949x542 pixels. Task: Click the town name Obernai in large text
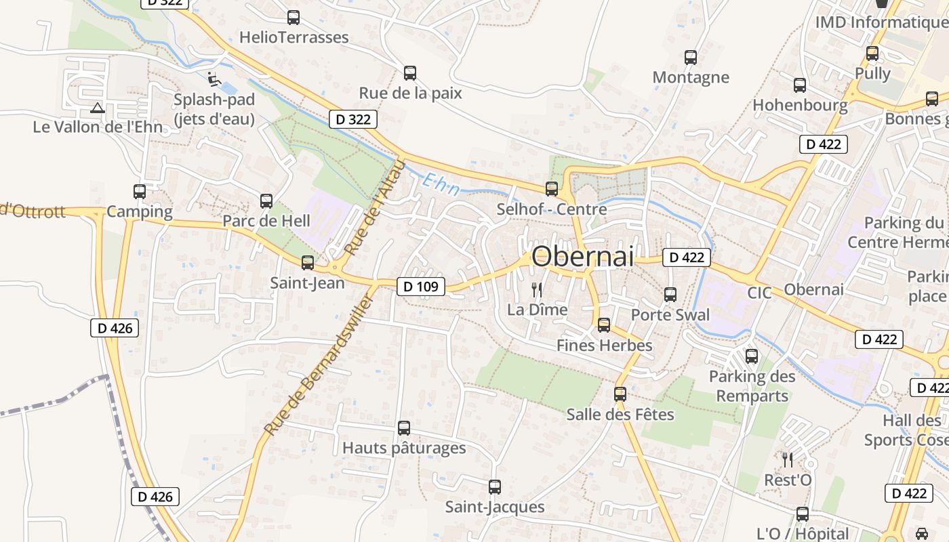coord(583,257)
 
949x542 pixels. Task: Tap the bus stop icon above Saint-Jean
coord(308,263)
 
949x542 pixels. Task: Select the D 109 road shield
coord(420,287)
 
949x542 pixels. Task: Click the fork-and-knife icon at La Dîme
coord(537,290)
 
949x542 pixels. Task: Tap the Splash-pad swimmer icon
coord(214,79)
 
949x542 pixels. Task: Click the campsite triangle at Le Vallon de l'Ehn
coord(98,108)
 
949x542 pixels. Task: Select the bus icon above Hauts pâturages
coord(404,428)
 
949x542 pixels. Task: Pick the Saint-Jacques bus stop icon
coord(495,486)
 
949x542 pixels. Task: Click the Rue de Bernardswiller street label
coord(319,366)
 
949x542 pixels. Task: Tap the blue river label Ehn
coord(441,184)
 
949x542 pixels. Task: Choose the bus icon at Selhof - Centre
coord(552,189)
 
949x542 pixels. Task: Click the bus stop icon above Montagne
coord(691,58)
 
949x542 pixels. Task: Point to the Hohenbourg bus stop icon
coord(800,85)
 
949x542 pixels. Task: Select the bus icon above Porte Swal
coord(670,295)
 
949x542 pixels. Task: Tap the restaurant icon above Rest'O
coord(788,460)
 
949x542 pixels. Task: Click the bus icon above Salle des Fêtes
coord(620,394)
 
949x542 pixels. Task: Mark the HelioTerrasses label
coord(294,37)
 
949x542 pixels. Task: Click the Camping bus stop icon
coord(140,192)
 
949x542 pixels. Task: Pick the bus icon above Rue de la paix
coord(410,73)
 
